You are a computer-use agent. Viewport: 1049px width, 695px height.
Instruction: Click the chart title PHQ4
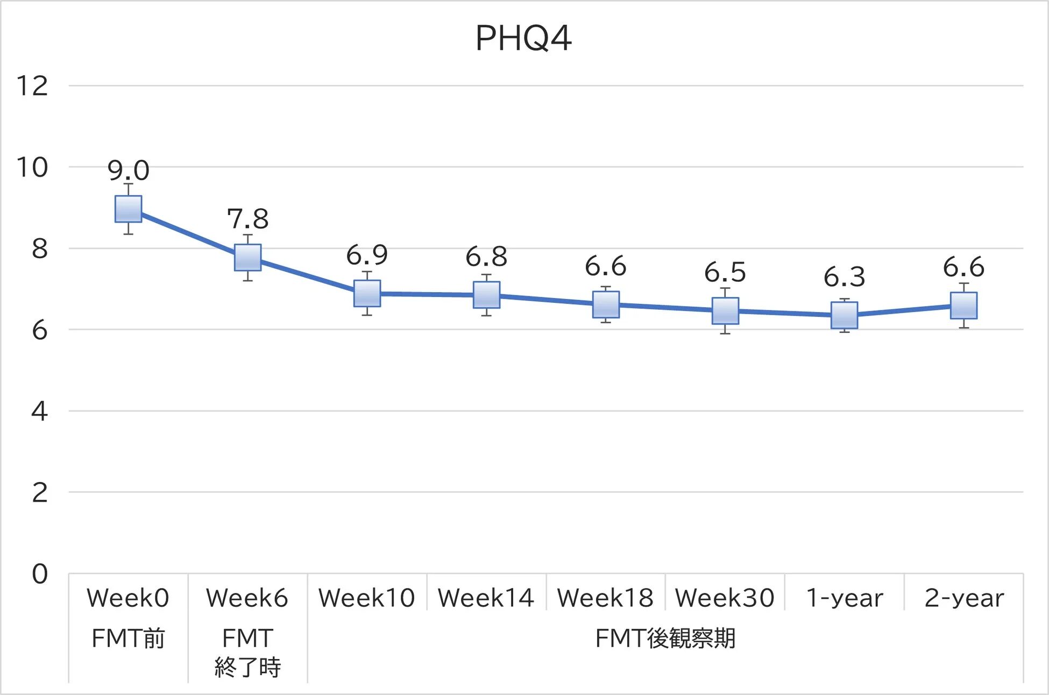523,39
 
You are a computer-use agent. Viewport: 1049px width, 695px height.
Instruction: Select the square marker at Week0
129,209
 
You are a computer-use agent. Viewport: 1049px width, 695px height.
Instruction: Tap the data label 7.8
247,219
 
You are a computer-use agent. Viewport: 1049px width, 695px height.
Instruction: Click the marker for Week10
367,294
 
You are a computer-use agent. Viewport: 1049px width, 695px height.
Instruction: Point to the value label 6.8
486,257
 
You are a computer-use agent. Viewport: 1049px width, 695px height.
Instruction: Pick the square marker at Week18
606,304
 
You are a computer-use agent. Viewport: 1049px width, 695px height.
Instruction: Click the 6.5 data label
725,273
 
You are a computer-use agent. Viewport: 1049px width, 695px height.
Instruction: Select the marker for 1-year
844,315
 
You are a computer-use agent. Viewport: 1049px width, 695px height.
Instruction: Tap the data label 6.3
844,277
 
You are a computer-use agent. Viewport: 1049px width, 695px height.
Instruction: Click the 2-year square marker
963,306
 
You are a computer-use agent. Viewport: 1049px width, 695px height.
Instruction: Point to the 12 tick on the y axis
32,86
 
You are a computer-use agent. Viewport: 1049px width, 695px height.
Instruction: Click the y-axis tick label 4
39,412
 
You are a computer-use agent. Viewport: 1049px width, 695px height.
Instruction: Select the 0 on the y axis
39,574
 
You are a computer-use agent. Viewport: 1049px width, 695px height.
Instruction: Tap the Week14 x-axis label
486,598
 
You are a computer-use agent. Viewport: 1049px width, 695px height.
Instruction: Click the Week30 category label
725,598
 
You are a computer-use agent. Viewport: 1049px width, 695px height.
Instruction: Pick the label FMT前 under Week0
128,639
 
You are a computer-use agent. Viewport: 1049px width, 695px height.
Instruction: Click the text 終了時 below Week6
247,668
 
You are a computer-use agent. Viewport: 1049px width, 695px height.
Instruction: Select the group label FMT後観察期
665,639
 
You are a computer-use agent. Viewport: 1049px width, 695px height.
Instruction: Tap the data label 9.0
128,171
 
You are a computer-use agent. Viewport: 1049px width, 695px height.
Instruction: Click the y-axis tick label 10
32,167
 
